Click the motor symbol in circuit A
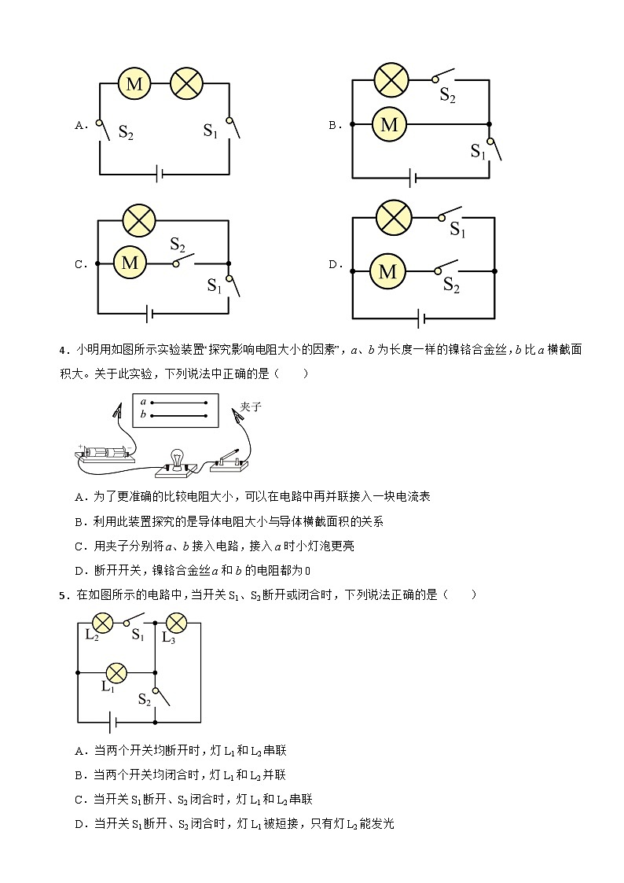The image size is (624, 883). (134, 84)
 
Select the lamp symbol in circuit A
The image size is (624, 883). (187, 84)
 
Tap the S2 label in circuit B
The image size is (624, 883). (447, 96)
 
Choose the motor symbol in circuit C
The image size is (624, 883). (130, 263)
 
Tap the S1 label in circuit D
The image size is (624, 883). (457, 230)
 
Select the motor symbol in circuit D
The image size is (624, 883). (387, 271)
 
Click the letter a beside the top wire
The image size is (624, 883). (143, 401)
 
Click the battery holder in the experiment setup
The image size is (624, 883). (105, 454)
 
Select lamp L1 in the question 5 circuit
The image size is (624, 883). (116, 672)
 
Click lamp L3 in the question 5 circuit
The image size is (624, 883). (175, 623)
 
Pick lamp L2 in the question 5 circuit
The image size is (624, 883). (101, 623)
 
